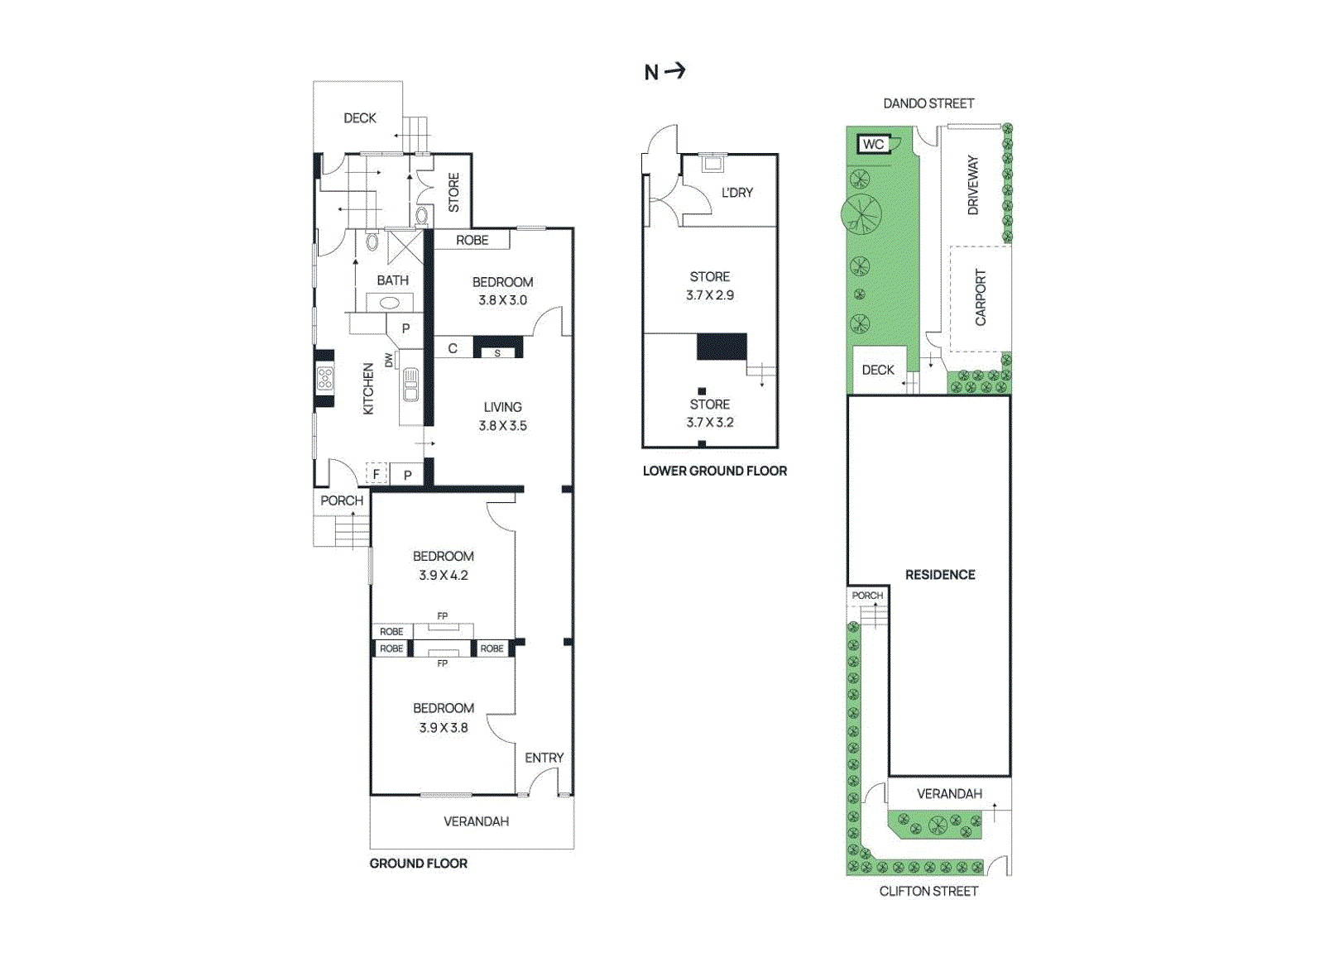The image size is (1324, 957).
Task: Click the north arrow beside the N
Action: (675, 71)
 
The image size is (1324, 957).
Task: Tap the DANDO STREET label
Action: (928, 103)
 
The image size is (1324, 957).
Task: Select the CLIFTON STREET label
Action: (928, 891)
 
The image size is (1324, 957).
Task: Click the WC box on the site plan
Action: (873, 144)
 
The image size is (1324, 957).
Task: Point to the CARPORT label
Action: (981, 298)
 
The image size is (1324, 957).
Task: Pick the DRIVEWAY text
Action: (973, 185)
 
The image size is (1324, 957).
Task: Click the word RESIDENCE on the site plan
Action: (939, 575)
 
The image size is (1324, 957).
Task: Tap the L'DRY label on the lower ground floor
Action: (736, 193)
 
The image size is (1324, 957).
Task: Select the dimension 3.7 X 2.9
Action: (709, 295)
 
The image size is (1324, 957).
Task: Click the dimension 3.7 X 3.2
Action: (709, 423)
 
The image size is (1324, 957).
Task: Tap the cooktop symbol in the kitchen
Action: (325, 379)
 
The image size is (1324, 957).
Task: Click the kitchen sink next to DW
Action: (410, 385)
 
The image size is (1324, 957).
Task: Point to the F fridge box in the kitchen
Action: (377, 474)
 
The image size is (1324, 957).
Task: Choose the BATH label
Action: (392, 280)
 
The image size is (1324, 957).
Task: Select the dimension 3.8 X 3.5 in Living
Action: (502, 426)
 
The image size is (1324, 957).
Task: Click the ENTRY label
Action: (544, 758)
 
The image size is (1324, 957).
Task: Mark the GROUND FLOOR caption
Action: (418, 864)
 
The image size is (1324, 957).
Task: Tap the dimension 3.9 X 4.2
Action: (443, 576)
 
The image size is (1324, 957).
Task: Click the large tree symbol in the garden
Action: (861, 215)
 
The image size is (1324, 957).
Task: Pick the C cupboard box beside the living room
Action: (453, 348)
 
